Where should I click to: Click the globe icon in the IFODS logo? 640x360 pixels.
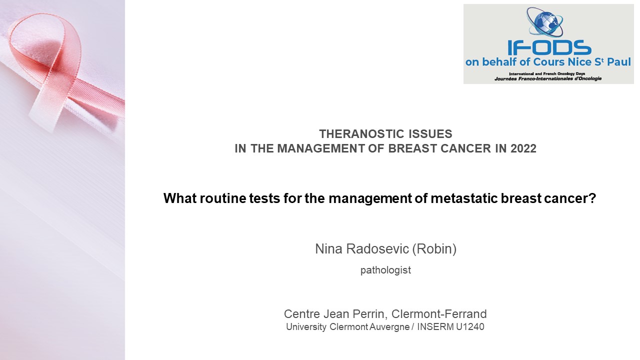tap(545, 22)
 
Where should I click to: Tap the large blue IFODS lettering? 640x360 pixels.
tap(549, 47)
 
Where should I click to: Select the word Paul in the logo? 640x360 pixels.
tap(619, 62)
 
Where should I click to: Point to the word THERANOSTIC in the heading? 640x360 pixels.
tap(357, 133)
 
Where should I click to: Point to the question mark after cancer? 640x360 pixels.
tap(592, 198)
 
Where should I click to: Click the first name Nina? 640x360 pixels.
tap(328, 249)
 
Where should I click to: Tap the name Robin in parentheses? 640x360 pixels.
tap(434, 249)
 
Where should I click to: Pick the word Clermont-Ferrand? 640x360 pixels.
tap(439, 314)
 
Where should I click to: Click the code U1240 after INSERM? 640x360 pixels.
tap(470, 326)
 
